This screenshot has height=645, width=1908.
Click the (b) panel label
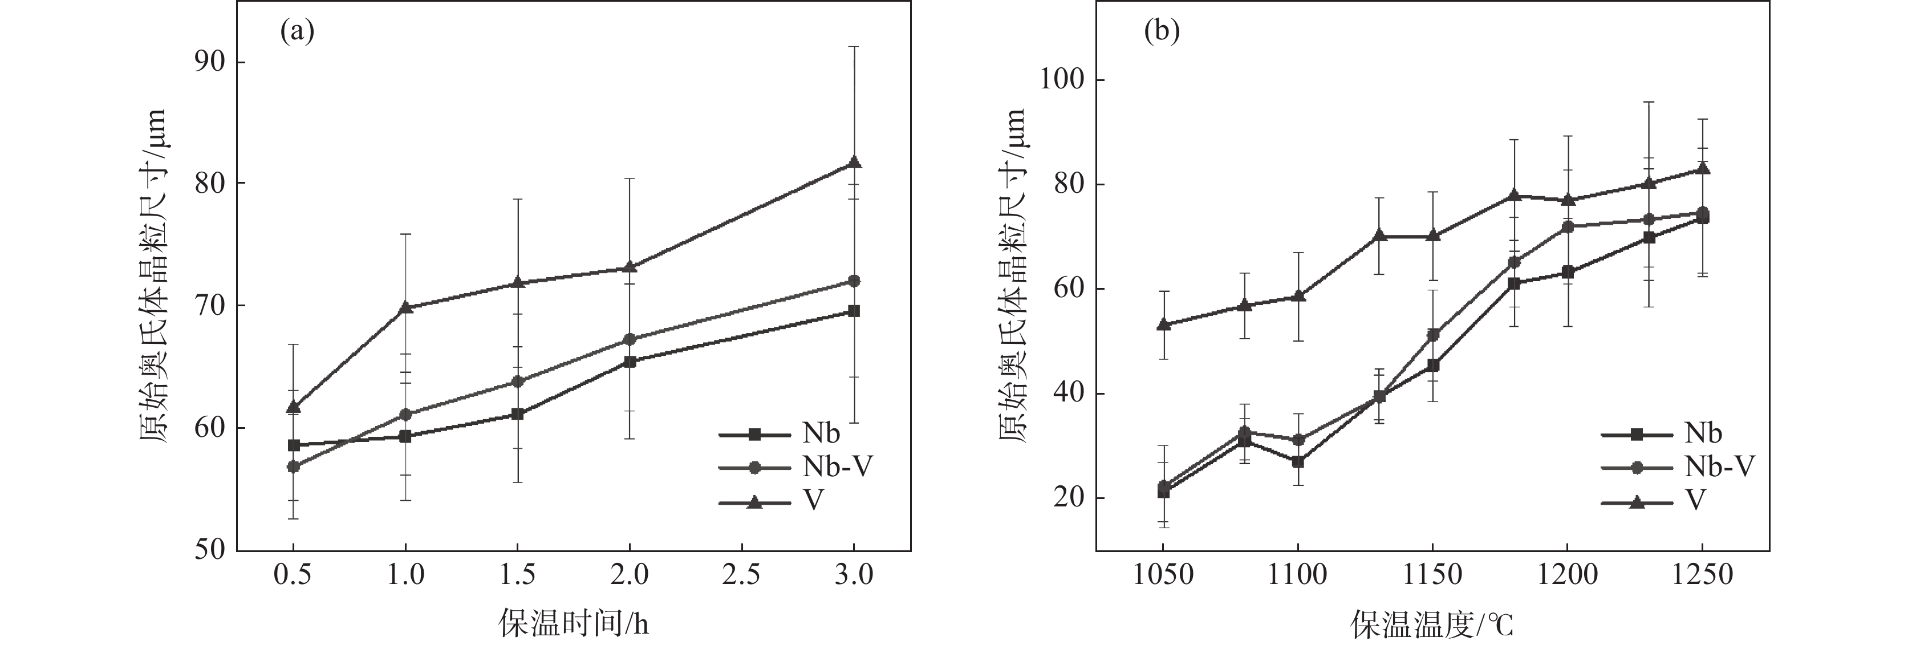[x=1162, y=32]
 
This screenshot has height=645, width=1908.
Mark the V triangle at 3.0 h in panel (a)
[x=854, y=162]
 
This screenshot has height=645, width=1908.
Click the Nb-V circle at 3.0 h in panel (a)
[x=854, y=281]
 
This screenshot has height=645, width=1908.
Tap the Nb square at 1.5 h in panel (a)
[x=518, y=414]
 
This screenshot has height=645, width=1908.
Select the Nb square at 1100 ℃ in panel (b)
[x=1298, y=461]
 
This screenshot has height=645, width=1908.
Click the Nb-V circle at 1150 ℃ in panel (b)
[x=1432, y=335]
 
